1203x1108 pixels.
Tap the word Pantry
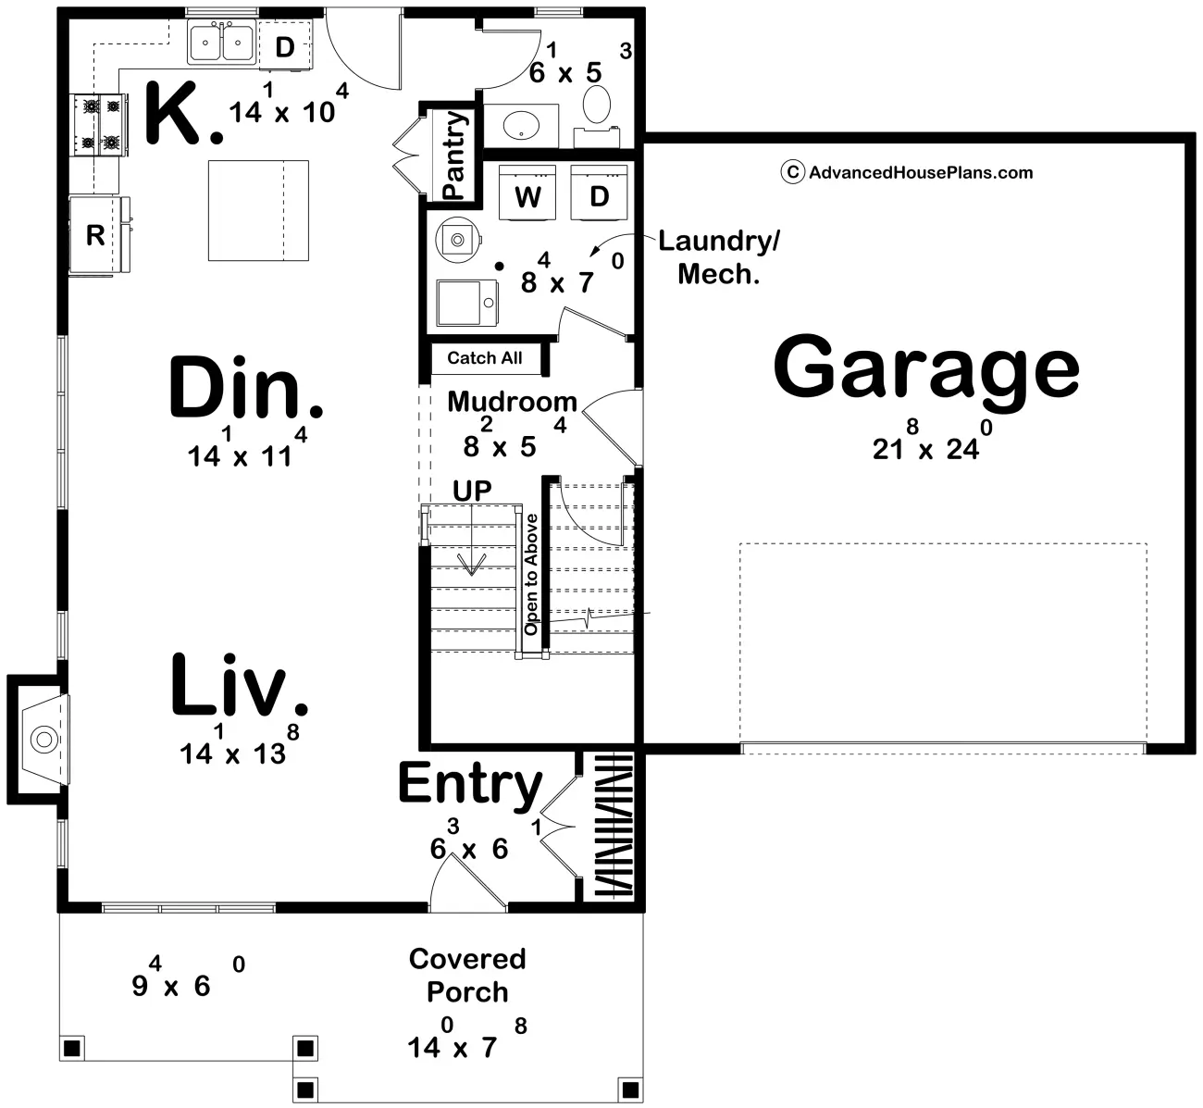[454, 156]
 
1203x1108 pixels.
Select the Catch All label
[485, 358]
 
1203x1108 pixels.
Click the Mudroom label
[512, 402]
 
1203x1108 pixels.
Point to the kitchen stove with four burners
[99, 125]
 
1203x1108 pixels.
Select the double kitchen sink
[222, 42]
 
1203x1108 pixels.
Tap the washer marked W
[527, 193]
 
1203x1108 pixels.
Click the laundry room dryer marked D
[599, 193]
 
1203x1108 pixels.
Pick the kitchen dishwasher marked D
[285, 45]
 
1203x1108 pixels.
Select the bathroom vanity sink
[521, 125]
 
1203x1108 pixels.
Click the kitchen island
[258, 210]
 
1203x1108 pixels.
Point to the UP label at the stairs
[472, 492]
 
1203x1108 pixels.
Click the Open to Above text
[531, 574]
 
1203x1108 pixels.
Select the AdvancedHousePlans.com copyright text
[908, 173]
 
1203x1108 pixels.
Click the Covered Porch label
[467, 976]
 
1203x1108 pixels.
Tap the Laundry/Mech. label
[719, 257]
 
